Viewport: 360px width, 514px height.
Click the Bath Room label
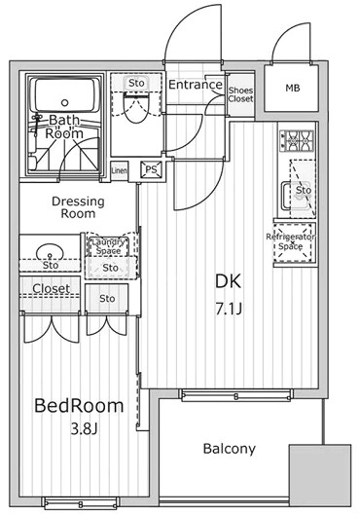[65, 127]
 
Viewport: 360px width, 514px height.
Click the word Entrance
[197, 85]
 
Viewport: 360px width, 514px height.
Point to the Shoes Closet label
[240, 92]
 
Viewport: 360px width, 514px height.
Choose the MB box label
[292, 90]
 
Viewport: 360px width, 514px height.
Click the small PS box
[151, 168]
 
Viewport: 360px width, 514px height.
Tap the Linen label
[119, 170]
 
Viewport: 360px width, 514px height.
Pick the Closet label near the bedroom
[50, 289]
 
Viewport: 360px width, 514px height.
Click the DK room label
[228, 281]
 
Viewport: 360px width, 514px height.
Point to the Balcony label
[230, 449]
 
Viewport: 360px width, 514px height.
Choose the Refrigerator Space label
[293, 241]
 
